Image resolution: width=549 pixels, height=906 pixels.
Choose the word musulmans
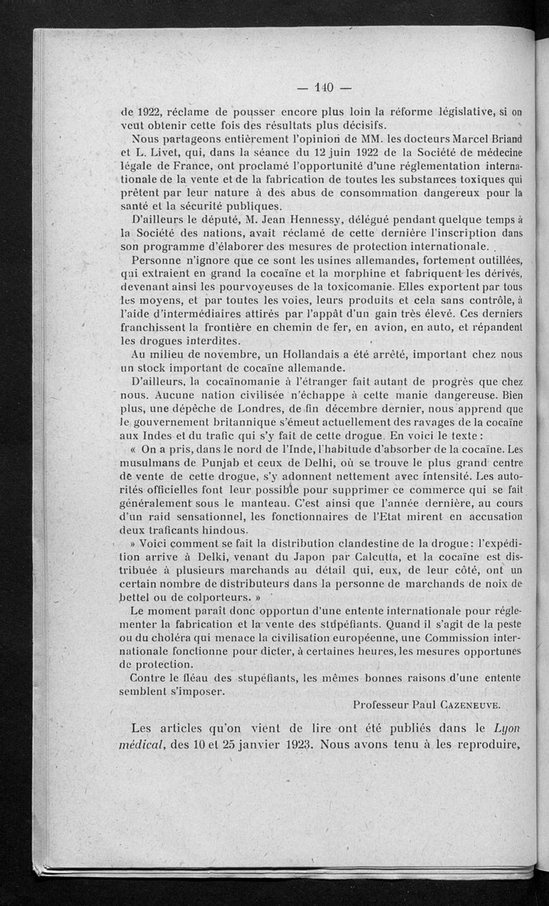(149, 462)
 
